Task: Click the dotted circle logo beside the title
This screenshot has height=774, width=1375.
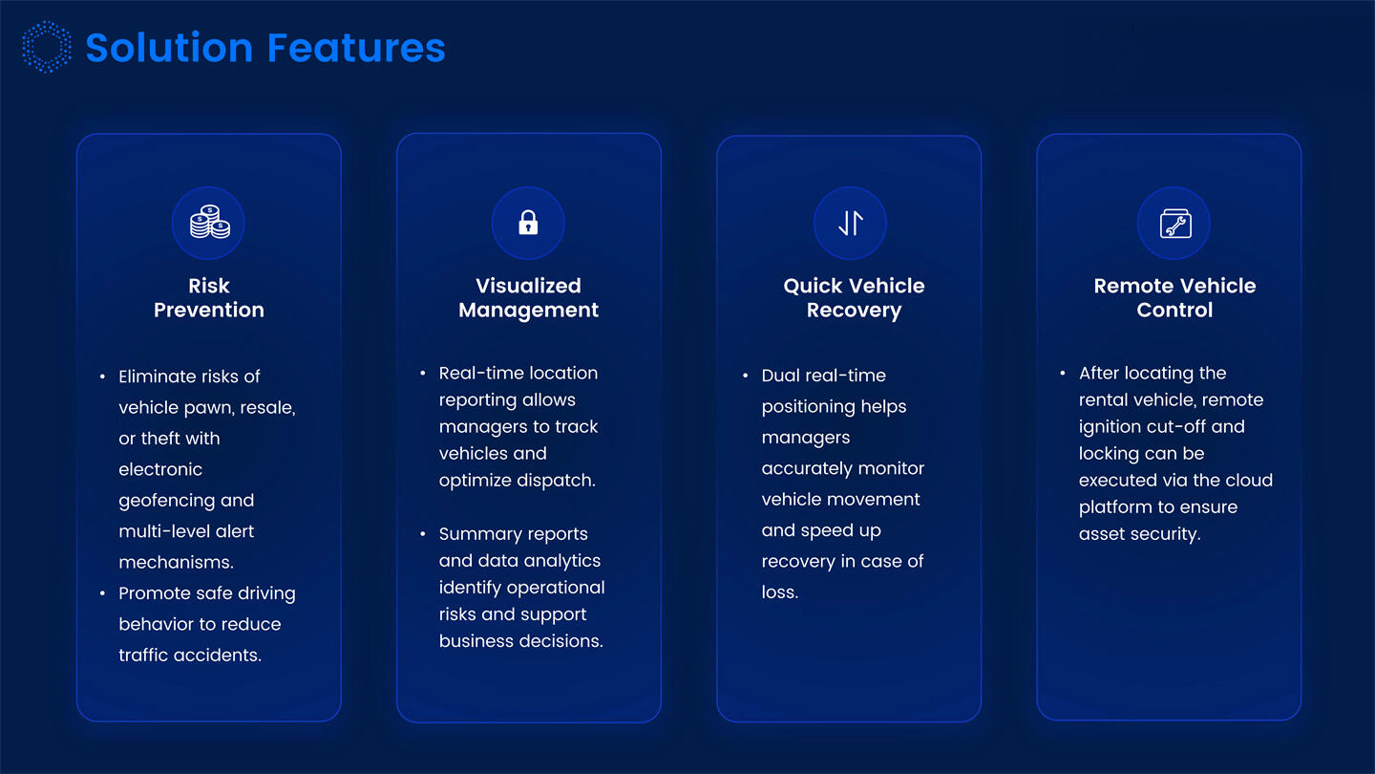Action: [x=47, y=48]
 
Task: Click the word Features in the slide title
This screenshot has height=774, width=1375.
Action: [x=356, y=48]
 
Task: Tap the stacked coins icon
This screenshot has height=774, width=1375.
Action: [x=209, y=224]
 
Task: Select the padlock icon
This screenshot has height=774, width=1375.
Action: [x=528, y=224]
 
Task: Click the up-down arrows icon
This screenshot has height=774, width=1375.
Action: [x=850, y=224]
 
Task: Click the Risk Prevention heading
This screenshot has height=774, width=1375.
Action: [x=209, y=297]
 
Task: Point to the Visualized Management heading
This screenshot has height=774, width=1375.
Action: [x=528, y=297]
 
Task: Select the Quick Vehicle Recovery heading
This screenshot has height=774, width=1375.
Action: [x=854, y=297]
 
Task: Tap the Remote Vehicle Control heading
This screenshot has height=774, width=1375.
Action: [x=1174, y=297]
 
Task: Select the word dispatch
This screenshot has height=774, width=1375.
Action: [x=559, y=481]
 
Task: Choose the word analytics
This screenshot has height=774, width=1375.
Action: [x=561, y=561]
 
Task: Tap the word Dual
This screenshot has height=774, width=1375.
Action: [x=780, y=376]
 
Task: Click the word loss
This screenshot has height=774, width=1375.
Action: [x=779, y=592]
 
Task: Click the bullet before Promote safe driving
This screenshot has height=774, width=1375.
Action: [x=103, y=593]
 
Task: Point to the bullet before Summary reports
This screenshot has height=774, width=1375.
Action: [x=423, y=534]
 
